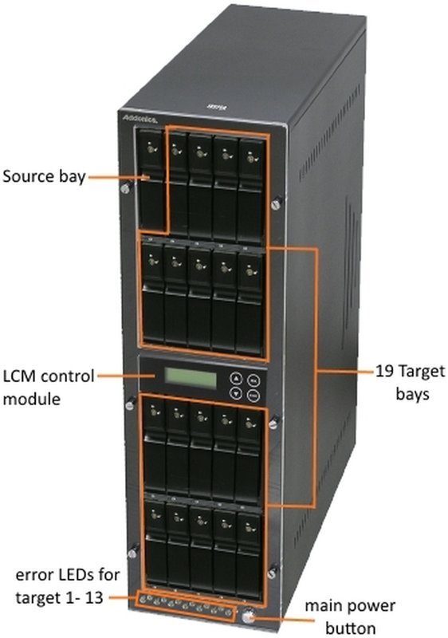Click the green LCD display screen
(191, 378)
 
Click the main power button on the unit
(248, 616)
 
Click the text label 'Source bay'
(44, 177)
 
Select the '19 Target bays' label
(411, 383)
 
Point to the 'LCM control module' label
(49, 388)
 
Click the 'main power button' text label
(350, 616)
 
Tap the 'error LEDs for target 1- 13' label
(67, 586)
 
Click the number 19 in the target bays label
(383, 371)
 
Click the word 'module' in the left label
(31, 399)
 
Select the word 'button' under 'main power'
(351, 628)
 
